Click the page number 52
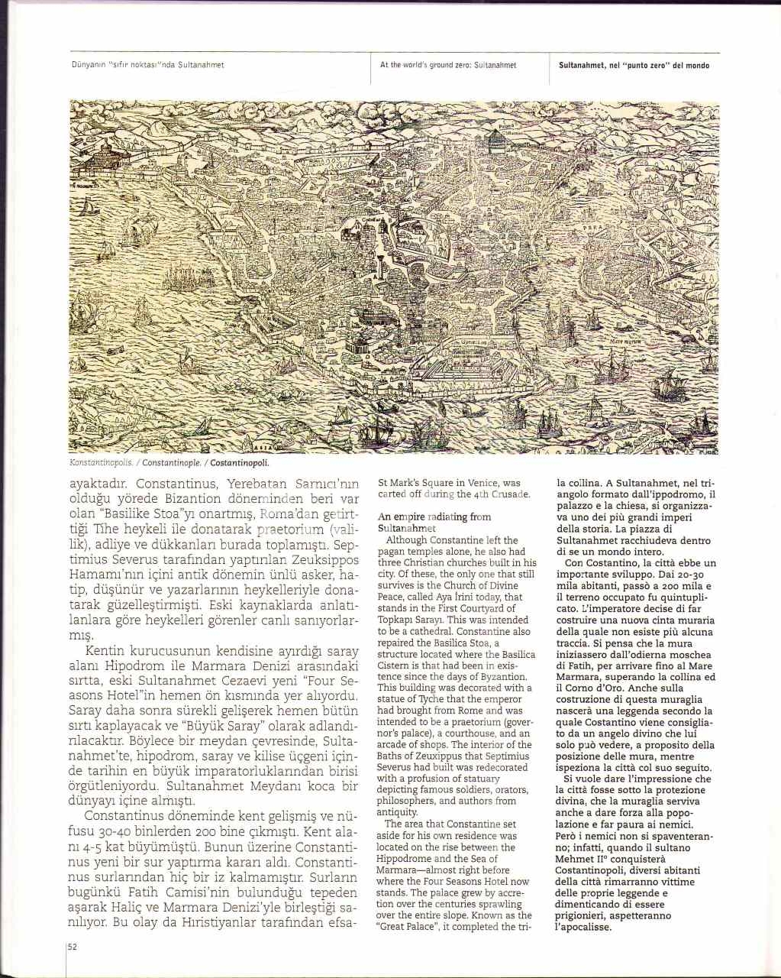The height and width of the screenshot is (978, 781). point(73,946)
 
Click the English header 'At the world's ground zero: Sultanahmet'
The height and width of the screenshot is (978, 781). point(448,66)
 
